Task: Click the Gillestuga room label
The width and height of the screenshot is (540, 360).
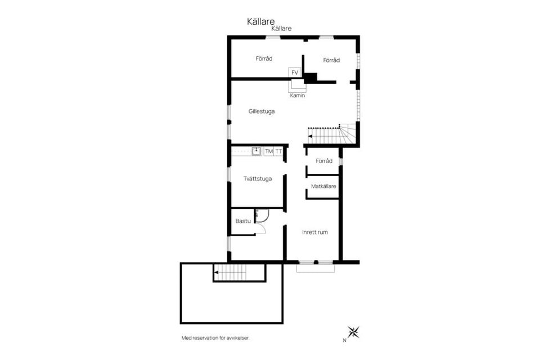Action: pos(262,111)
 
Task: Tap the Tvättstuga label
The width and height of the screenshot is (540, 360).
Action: pos(258,178)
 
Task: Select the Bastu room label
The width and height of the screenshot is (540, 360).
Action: pos(243,221)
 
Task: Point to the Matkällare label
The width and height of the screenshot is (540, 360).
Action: pos(323,186)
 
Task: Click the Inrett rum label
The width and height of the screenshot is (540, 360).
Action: pos(315,232)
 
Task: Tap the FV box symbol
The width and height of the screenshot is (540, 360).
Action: pos(295,73)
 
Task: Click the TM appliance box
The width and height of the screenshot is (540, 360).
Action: pos(269,151)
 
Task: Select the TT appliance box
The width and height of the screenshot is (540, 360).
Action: pos(278,151)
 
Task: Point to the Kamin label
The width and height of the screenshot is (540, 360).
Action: pos(297,96)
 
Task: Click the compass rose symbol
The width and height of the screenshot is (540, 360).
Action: pos(353,332)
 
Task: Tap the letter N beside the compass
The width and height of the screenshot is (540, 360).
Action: pos(344,340)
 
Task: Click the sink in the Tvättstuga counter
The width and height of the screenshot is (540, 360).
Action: pos(256,151)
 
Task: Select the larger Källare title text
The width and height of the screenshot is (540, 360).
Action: pos(260,21)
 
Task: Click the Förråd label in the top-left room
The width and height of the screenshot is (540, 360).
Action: pos(264,58)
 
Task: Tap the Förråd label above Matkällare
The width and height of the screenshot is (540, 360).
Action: pos(324,161)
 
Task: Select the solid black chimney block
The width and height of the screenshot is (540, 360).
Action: pos(310,78)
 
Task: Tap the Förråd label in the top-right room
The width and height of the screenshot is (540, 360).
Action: pos(331,60)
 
